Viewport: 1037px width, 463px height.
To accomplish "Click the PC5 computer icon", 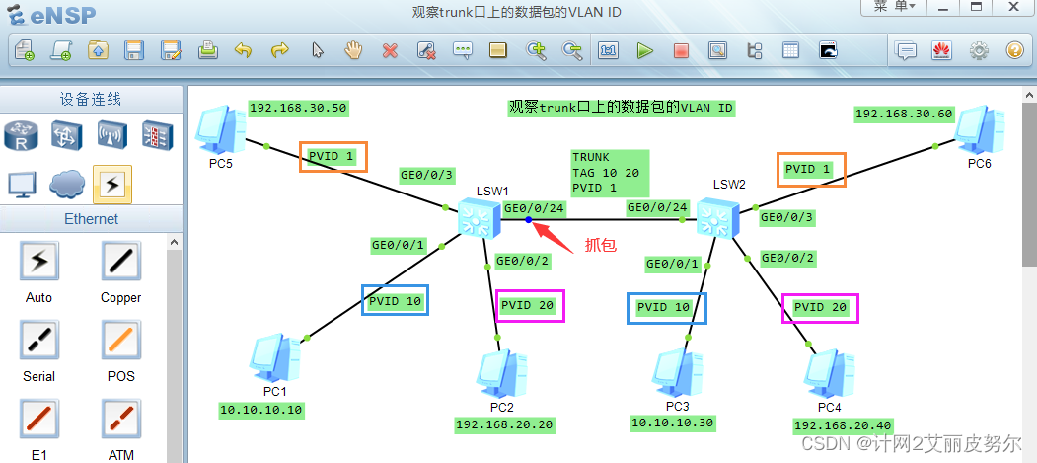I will tap(220, 129).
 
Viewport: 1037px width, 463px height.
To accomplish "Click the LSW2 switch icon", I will tap(717, 215).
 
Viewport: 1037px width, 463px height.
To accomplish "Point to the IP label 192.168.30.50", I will tap(298, 109).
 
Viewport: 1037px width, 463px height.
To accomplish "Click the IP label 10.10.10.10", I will tap(262, 409).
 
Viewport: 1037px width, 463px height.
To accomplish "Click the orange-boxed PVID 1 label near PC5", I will tap(333, 157).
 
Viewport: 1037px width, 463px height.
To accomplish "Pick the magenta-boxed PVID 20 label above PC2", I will tap(529, 305).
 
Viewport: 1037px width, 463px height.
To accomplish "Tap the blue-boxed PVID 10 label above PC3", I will tap(667, 307).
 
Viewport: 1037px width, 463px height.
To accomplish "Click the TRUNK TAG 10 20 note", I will tap(609, 172).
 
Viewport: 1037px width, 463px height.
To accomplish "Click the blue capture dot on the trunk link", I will tap(530, 221).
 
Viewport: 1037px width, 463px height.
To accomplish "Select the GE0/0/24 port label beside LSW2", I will tap(657, 207).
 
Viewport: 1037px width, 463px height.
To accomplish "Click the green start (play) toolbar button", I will tap(645, 50).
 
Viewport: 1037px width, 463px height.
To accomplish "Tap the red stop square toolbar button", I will tap(681, 50).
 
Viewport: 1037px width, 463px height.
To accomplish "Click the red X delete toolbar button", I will tap(390, 50).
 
